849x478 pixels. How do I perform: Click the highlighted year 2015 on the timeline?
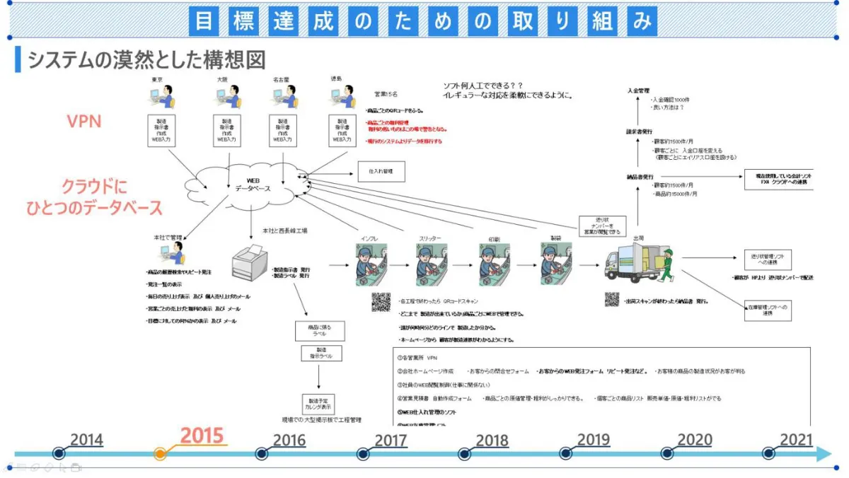(x=202, y=436)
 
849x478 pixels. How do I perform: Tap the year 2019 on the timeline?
(x=593, y=440)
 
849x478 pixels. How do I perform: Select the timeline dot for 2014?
(x=59, y=453)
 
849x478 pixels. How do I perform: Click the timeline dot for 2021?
(x=768, y=453)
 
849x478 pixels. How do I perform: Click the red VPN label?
(x=84, y=121)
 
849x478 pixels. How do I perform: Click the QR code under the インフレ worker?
(x=381, y=302)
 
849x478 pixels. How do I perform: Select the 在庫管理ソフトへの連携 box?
(x=768, y=310)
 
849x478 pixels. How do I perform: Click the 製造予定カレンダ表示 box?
(x=319, y=404)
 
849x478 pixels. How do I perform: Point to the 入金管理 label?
(x=637, y=91)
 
